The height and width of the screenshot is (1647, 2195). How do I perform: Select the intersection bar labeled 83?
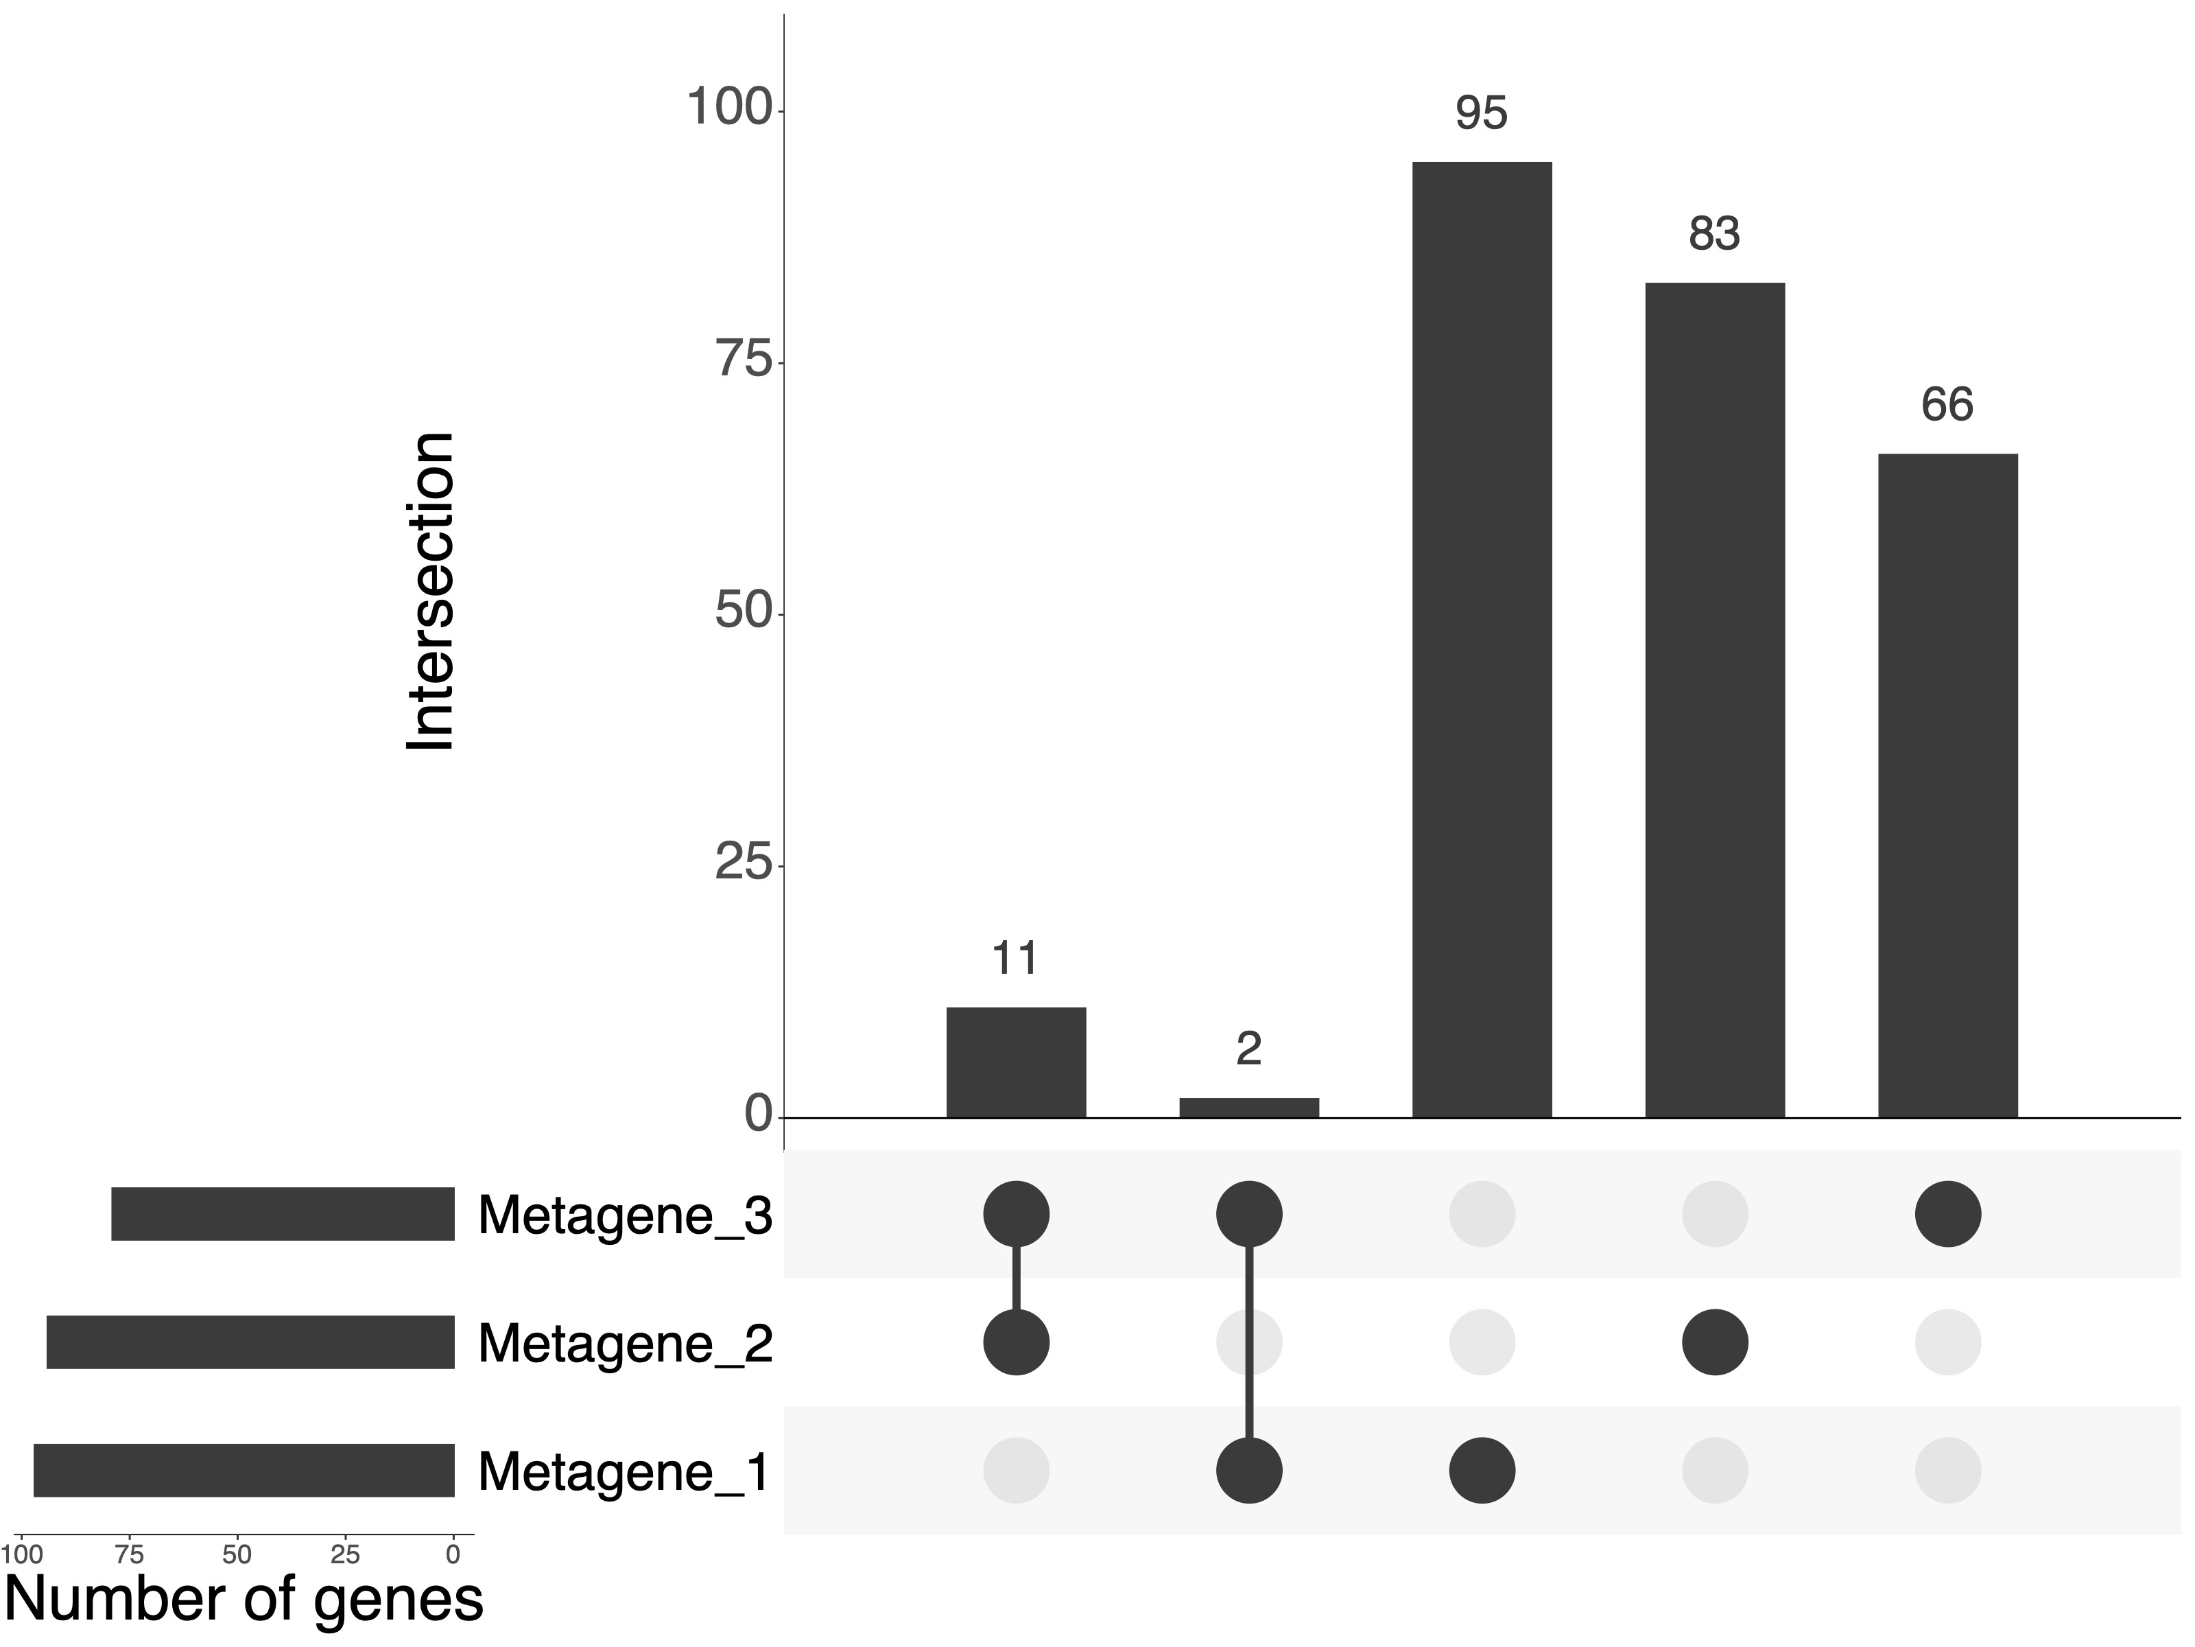click(1715, 700)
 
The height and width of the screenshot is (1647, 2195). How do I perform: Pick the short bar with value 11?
click(1016, 1062)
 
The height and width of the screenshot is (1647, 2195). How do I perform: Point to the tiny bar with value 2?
click(1248, 1108)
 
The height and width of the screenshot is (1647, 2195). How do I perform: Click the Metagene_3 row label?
click(624, 1214)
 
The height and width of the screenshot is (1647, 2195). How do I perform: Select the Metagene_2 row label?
click(624, 1343)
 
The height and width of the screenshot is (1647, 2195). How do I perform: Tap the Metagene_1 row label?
click(624, 1471)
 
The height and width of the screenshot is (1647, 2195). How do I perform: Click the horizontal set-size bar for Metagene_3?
click(283, 1213)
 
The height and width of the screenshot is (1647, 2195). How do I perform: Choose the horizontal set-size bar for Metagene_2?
click(250, 1342)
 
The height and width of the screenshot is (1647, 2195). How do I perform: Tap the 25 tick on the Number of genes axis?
click(345, 1554)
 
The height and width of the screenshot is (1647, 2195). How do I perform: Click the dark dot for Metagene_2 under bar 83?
click(1715, 1342)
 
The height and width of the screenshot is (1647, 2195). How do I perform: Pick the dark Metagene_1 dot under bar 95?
click(1482, 1470)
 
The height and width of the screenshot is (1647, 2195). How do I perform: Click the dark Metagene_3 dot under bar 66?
click(1948, 1213)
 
